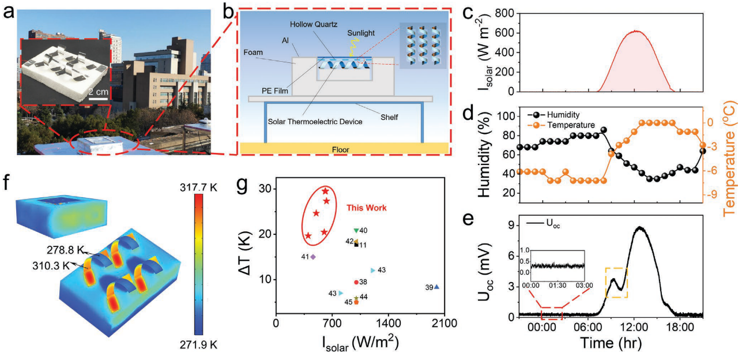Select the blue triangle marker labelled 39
click(x=436, y=287)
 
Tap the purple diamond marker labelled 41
click(x=313, y=257)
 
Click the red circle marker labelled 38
click(x=356, y=282)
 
